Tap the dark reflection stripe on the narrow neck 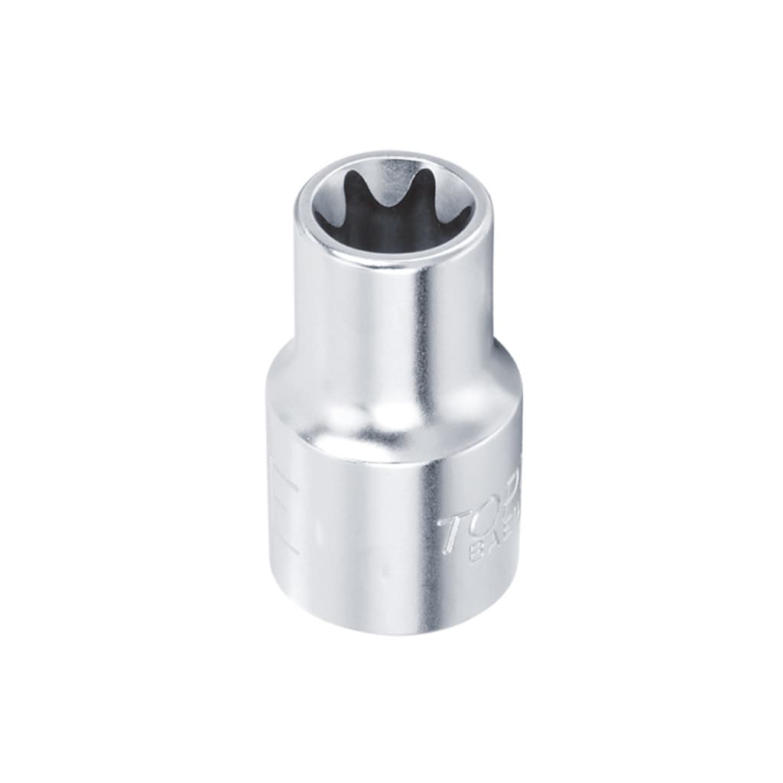(x=423, y=321)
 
